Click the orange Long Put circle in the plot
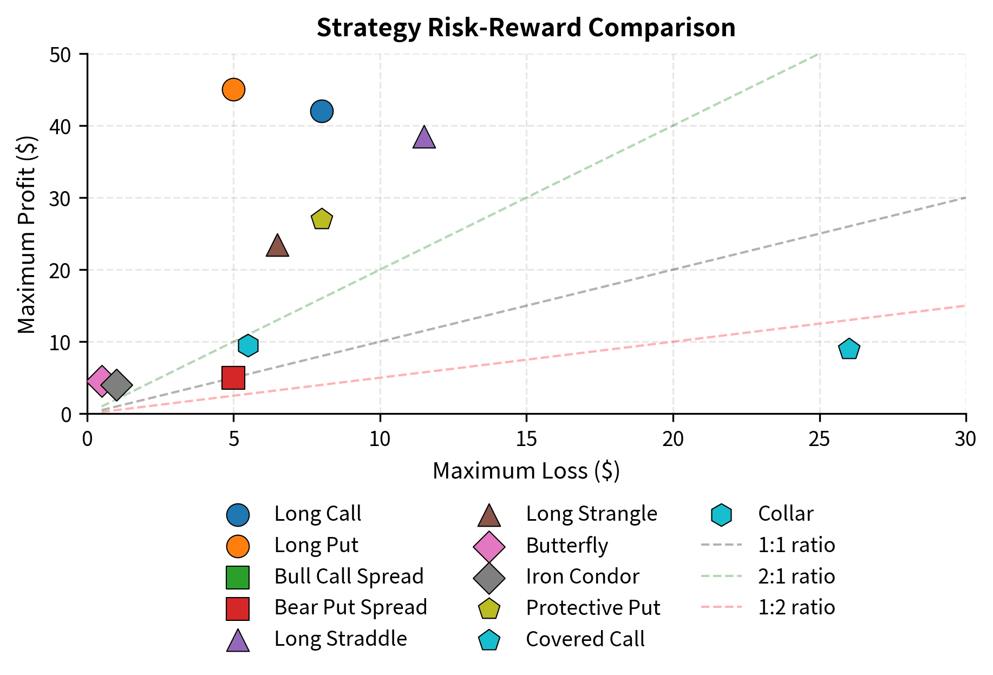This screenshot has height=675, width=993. pyautogui.click(x=233, y=89)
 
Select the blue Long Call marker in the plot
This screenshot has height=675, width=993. pyautogui.click(x=322, y=112)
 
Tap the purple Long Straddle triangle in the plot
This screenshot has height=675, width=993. pyautogui.click(x=424, y=139)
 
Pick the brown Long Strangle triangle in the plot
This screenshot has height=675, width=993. pyautogui.click(x=277, y=246)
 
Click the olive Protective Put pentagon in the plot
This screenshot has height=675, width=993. pyautogui.click(x=322, y=220)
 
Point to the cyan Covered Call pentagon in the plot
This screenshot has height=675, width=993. pyautogui.click(x=849, y=349)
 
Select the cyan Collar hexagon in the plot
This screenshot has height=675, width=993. pyautogui.click(x=248, y=345)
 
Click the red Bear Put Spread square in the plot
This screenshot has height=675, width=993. pyautogui.click(x=233, y=378)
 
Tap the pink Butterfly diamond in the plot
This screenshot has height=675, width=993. pyautogui.click(x=101, y=381)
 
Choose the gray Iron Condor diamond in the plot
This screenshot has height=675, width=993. pyautogui.click(x=116, y=385)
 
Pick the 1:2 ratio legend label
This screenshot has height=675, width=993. pyautogui.click(x=796, y=607)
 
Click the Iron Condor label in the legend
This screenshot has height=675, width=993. pyautogui.click(x=582, y=576)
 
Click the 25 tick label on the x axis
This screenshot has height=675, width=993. pyautogui.click(x=819, y=439)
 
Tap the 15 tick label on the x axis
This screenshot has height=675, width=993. pyautogui.click(x=526, y=439)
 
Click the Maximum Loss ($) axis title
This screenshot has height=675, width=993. pyautogui.click(x=526, y=471)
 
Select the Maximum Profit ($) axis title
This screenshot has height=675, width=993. pyautogui.click(x=27, y=234)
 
